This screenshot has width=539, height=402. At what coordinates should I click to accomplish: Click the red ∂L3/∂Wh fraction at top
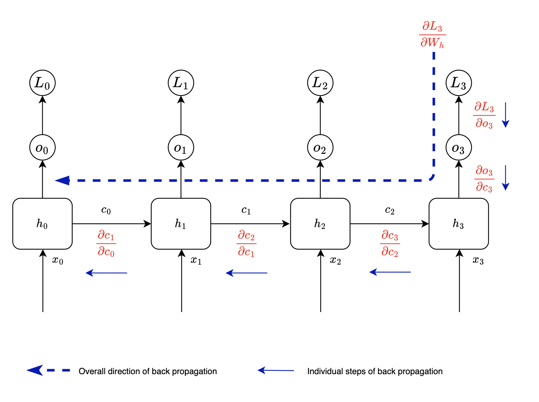point(432,35)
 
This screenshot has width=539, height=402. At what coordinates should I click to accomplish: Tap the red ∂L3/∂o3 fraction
point(484,115)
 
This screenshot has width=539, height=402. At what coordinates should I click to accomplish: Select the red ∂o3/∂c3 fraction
point(484,179)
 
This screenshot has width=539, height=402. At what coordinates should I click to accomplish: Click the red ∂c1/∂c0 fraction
point(106,243)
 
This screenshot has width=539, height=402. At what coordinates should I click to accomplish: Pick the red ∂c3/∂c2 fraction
point(390,243)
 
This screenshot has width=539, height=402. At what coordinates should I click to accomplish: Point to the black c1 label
point(246,210)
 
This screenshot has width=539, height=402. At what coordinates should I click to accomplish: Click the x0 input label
point(57,260)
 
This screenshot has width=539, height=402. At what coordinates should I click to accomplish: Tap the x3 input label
point(478,260)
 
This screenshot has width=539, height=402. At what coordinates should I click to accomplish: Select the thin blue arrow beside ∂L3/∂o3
point(505,115)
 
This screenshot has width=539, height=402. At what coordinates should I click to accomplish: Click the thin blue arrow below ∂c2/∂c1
point(246,273)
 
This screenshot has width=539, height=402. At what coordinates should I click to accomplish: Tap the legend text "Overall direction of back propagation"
point(147,371)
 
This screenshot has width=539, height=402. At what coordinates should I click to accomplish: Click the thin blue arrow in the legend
point(276,370)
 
